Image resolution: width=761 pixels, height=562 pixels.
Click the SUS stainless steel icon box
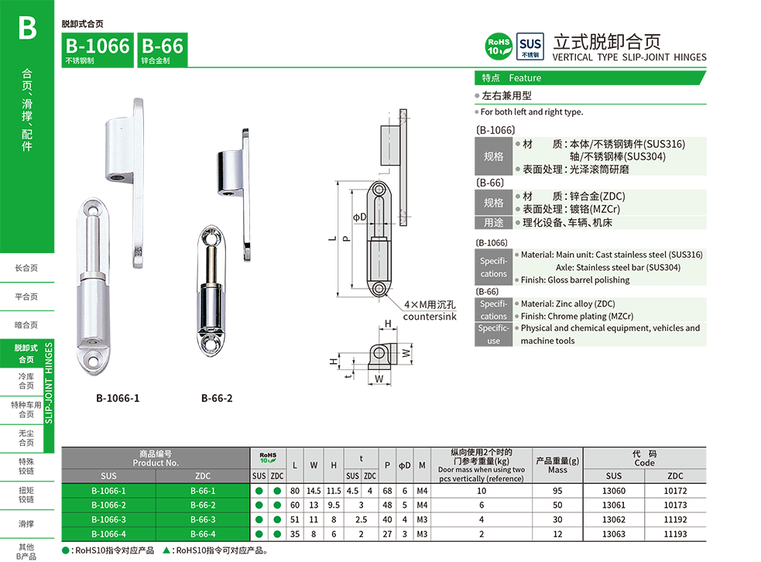coord(530,46)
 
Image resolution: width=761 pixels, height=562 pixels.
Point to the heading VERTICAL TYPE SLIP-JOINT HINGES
coord(629,57)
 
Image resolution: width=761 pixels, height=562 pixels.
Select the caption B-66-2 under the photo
coord(217,399)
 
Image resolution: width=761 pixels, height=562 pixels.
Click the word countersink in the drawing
coord(430,317)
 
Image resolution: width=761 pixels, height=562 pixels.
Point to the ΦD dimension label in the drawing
coord(359,218)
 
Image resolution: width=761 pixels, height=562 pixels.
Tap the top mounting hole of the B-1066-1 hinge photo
coord(91,210)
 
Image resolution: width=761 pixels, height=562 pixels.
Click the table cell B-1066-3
coord(108,519)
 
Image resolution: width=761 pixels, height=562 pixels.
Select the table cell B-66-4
coord(203,534)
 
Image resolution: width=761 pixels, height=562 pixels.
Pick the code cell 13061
coord(613,505)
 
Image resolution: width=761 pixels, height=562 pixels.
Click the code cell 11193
coord(675,534)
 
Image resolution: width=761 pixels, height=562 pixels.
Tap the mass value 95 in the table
coord(557,491)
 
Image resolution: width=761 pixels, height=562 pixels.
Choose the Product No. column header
coord(156,458)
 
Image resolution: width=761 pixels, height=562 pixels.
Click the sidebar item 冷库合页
coord(27,381)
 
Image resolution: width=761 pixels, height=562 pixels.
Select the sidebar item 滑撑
coord(27,524)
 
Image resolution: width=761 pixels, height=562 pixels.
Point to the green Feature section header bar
coord(590,78)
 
